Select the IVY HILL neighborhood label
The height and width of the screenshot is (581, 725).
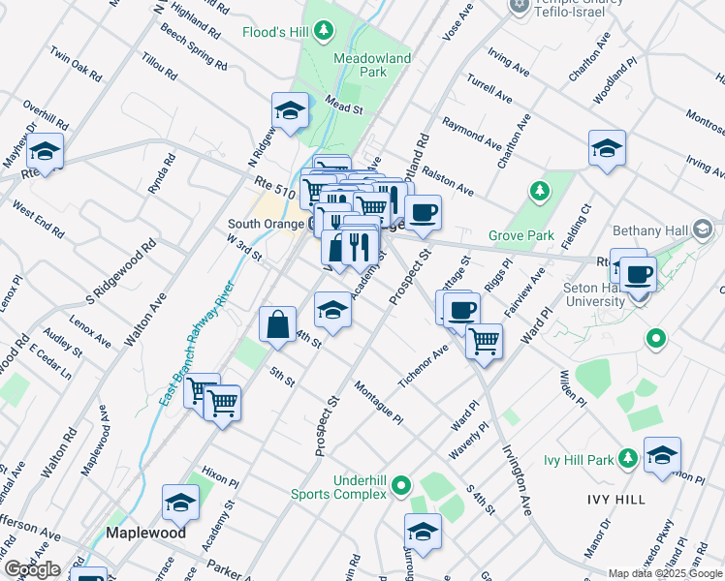point(615,499)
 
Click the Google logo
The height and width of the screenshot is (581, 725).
point(32,569)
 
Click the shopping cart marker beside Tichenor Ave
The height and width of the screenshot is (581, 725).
point(484,340)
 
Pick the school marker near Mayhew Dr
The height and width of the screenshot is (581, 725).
point(45,151)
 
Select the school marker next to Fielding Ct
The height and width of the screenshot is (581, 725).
point(607,148)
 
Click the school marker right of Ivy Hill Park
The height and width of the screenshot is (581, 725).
point(662,454)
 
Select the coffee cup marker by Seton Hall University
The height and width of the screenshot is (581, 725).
point(638,275)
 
